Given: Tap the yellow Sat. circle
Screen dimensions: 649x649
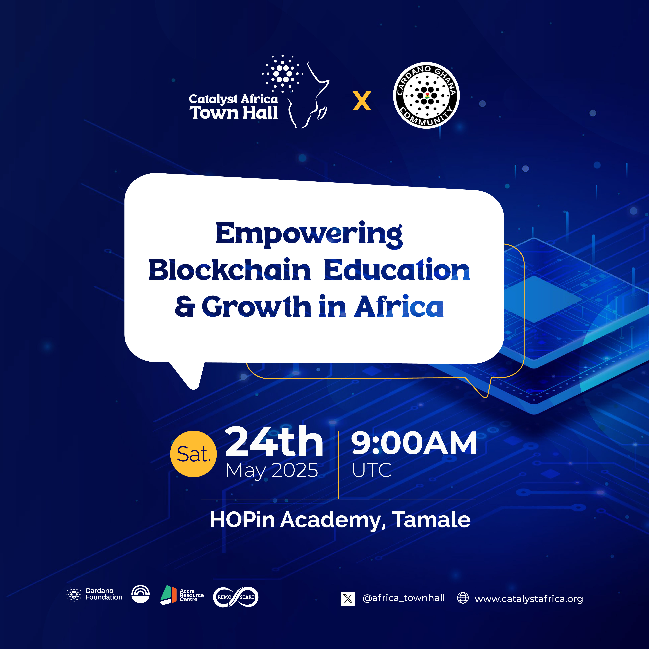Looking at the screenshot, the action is (194, 454).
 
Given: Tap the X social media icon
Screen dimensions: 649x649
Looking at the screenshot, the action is (348, 599).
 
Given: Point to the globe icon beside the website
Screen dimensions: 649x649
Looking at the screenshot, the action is (463, 598).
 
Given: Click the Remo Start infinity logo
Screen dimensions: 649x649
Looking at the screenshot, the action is (236, 597).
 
